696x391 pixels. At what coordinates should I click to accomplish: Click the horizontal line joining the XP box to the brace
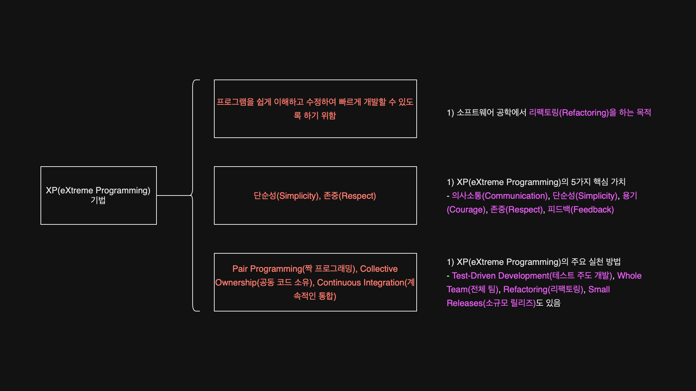pyautogui.click(x=173, y=195)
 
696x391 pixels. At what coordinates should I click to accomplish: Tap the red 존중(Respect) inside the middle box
pyautogui.click(x=349, y=196)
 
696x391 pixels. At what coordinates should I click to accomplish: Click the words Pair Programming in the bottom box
pyautogui.click(x=267, y=269)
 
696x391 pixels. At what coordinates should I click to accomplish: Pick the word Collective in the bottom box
pyautogui.click(x=379, y=269)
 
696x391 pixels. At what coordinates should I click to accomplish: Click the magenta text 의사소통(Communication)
pyautogui.click(x=499, y=196)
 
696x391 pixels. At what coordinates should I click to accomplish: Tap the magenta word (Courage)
pyautogui.click(x=466, y=210)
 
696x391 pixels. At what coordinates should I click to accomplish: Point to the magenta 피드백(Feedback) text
pyautogui.click(x=580, y=210)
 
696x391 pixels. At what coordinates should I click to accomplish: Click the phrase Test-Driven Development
pyautogui.click(x=500, y=276)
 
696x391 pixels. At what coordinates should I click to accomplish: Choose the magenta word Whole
pyautogui.click(x=629, y=276)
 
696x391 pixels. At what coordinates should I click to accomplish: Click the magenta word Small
pyautogui.click(x=599, y=289)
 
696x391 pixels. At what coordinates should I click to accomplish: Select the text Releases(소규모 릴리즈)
pyautogui.click(x=491, y=303)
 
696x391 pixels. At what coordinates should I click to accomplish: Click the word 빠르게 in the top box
pyautogui.click(x=349, y=102)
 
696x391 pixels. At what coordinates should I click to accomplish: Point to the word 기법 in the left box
pyautogui.click(x=98, y=200)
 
